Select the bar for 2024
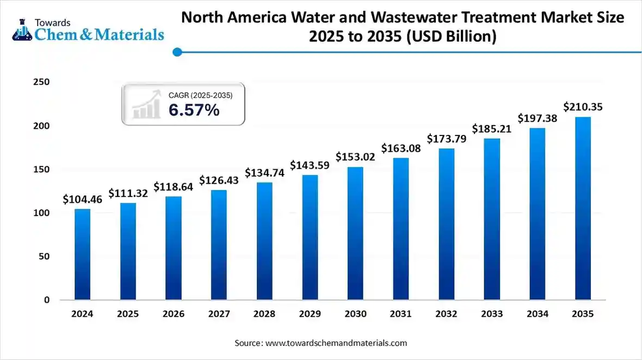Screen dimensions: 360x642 pyautogui.click(x=83, y=254)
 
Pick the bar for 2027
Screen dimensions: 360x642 pyautogui.click(x=219, y=244)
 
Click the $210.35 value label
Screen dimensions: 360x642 pyautogui.click(x=582, y=107)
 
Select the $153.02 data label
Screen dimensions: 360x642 pyautogui.click(x=355, y=157)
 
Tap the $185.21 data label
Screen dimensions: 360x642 pyautogui.click(x=492, y=129)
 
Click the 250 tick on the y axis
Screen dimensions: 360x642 pyautogui.click(x=42, y=82)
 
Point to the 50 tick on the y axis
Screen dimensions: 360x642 pyautogui.click(x=45, y=256)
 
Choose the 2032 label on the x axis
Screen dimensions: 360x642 pyautogui.click(x=446, y=314)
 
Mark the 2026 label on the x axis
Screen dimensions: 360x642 pyautogui.click(x=173, y=314)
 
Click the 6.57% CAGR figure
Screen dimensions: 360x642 pyautogui.click(x=194, y=110)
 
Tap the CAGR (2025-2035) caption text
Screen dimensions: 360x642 pyautogui.click(x=200, y=95)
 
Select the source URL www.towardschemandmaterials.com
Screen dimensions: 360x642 pyautogui.click(x=336, y=343)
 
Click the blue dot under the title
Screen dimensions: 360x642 pyautogui.click(x=177, y=52)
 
